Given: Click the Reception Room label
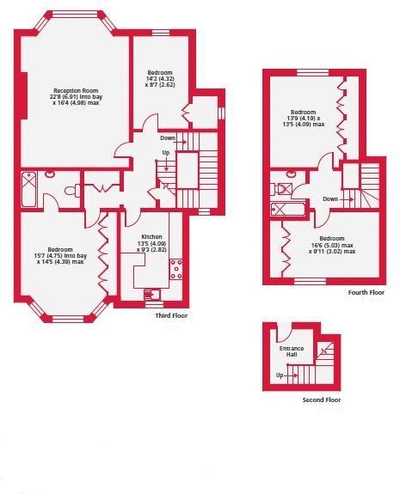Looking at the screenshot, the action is click(76, 91).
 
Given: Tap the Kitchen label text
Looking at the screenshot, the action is click(151, 236).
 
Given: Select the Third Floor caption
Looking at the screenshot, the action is click(171, 315).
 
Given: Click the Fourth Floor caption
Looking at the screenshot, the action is click(366, 292).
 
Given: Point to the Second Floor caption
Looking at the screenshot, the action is click(322, 399).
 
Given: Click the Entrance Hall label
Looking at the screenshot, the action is click(292, 351).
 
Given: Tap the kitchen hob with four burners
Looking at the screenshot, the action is click(176, 269).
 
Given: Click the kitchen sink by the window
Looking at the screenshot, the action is click(152, 295).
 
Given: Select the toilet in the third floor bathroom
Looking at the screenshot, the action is click(72, 191).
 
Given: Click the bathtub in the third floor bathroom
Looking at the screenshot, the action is click(29, 189).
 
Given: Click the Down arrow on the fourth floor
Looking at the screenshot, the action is click(347, 199).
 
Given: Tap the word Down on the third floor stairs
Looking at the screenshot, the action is click(168, 138).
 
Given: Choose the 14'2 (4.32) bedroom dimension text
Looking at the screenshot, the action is click(160, 79).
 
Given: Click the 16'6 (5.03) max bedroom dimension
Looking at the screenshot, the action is click(332, 245).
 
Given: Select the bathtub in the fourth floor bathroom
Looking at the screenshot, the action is click(288, 209).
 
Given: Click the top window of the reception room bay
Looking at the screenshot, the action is click(75, 15).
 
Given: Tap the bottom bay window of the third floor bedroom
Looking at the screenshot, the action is click(68, 319).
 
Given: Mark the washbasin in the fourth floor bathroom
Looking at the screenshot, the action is click(291, 173).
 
